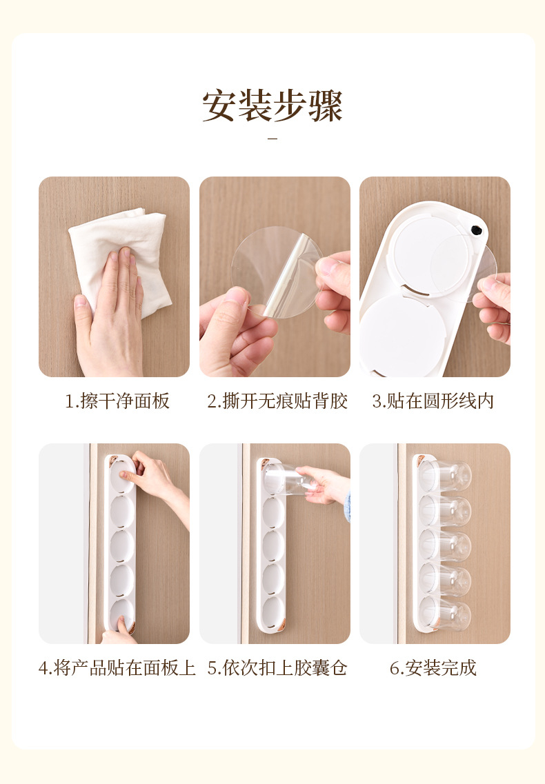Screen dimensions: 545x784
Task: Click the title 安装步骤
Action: point(272,105)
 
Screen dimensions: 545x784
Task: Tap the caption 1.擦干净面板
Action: point(117,401)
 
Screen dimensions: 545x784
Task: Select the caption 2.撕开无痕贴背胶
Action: point(277,401)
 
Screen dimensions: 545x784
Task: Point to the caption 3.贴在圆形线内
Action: point(433,401)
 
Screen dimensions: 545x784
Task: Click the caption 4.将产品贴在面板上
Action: point(117,668)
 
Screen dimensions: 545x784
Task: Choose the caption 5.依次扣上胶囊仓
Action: point(277,668)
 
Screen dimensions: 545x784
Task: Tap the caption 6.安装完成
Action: point(433,668)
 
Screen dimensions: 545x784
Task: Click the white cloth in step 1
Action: point(120,250)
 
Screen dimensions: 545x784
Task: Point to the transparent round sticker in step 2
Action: point(276,272)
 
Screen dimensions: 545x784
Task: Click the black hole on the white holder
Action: point(475,230)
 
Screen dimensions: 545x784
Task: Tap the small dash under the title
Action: point(272,139)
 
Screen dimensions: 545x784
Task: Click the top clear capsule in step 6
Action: point(446,476)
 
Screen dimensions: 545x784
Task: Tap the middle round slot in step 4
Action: point(122,546)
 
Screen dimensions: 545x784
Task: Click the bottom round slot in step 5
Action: point(273,613)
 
